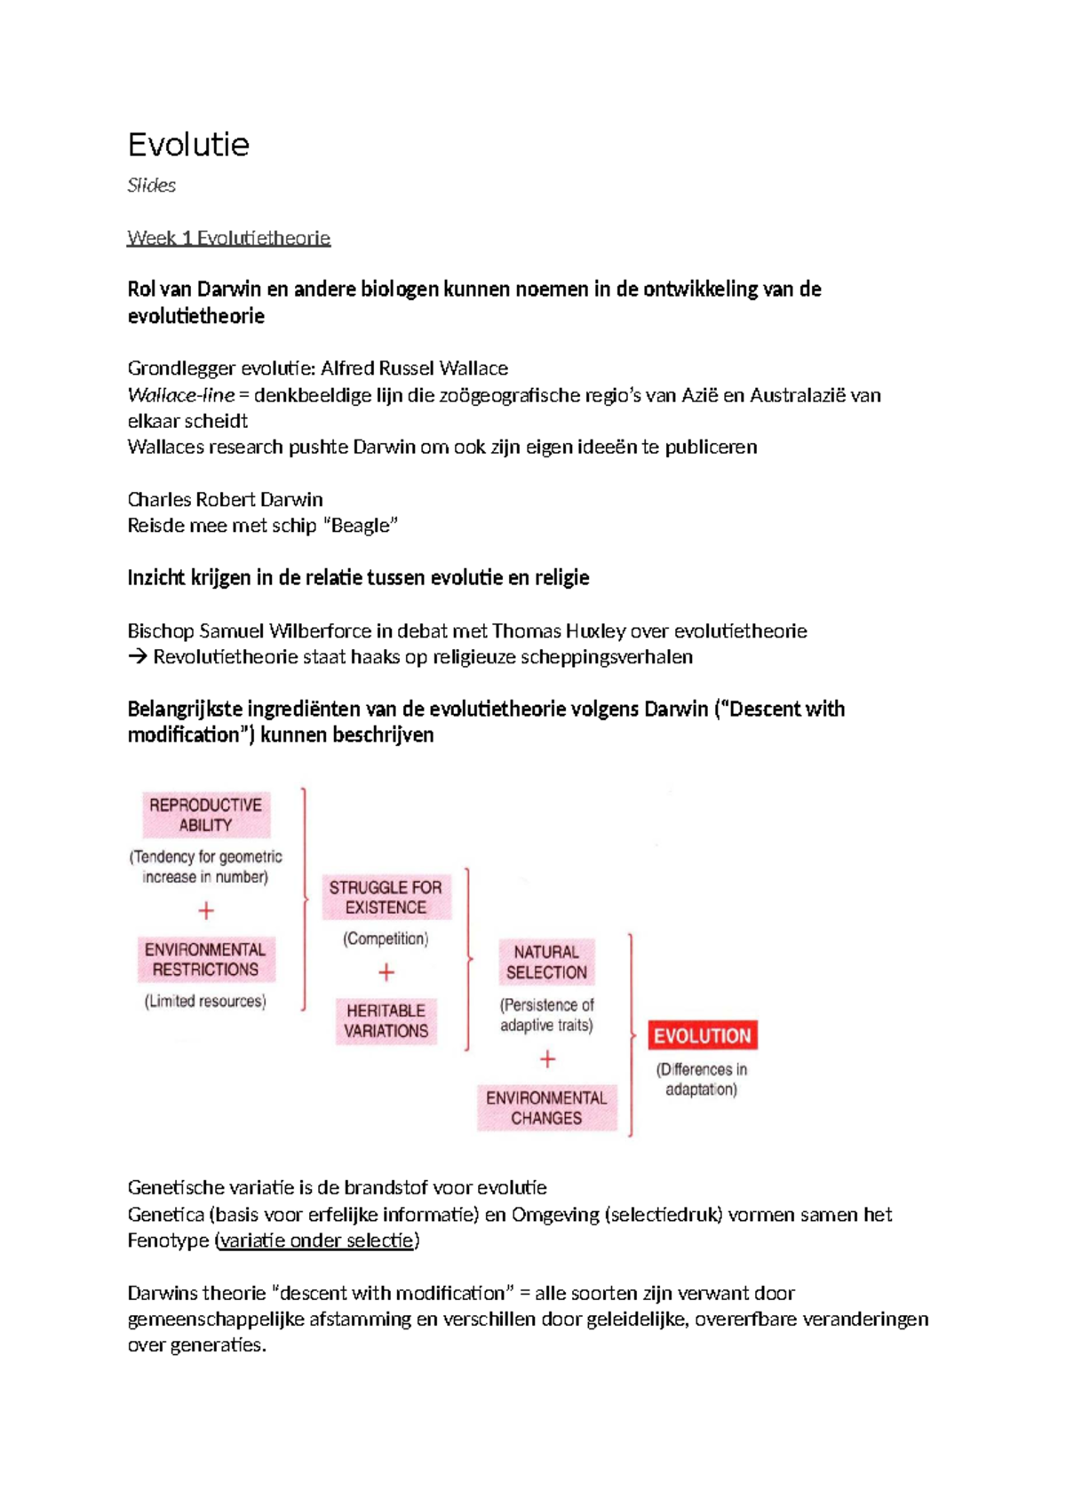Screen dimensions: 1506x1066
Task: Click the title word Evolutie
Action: point(188,145)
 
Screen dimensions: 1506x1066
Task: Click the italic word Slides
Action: point(151,186)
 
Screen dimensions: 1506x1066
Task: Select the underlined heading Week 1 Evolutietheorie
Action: point(228,238)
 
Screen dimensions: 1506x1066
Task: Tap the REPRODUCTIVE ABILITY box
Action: point(206,815)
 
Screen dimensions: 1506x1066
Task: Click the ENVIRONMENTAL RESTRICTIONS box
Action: point(206,960)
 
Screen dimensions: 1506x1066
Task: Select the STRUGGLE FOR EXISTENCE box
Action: point(386,897)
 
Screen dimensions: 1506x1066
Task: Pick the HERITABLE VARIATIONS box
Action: point(386,1020)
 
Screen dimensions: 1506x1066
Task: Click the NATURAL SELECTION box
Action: point(546,962)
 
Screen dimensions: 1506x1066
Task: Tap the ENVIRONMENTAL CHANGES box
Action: point(546,1107)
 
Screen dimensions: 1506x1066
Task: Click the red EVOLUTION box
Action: point(702,1035)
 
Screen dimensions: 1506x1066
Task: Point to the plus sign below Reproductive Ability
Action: point(206,911)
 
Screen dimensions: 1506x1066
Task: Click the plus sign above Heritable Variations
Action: point(386,973)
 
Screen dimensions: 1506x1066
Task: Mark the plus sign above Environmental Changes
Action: point(547,1059)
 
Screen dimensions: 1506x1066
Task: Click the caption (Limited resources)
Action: point(205,1002)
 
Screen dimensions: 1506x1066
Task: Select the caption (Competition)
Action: point(386,939)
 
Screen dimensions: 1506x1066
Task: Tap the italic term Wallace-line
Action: point(181,395)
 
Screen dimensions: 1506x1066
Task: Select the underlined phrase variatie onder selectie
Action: point(316,1240)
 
